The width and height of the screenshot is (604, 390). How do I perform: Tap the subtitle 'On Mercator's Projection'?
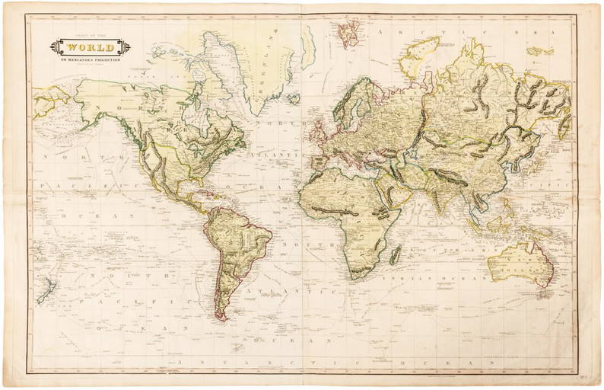90,59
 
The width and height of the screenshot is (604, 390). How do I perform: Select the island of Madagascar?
395,254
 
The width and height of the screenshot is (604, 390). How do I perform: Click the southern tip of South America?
221,317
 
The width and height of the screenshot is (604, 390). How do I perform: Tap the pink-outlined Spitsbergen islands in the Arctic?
349,32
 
